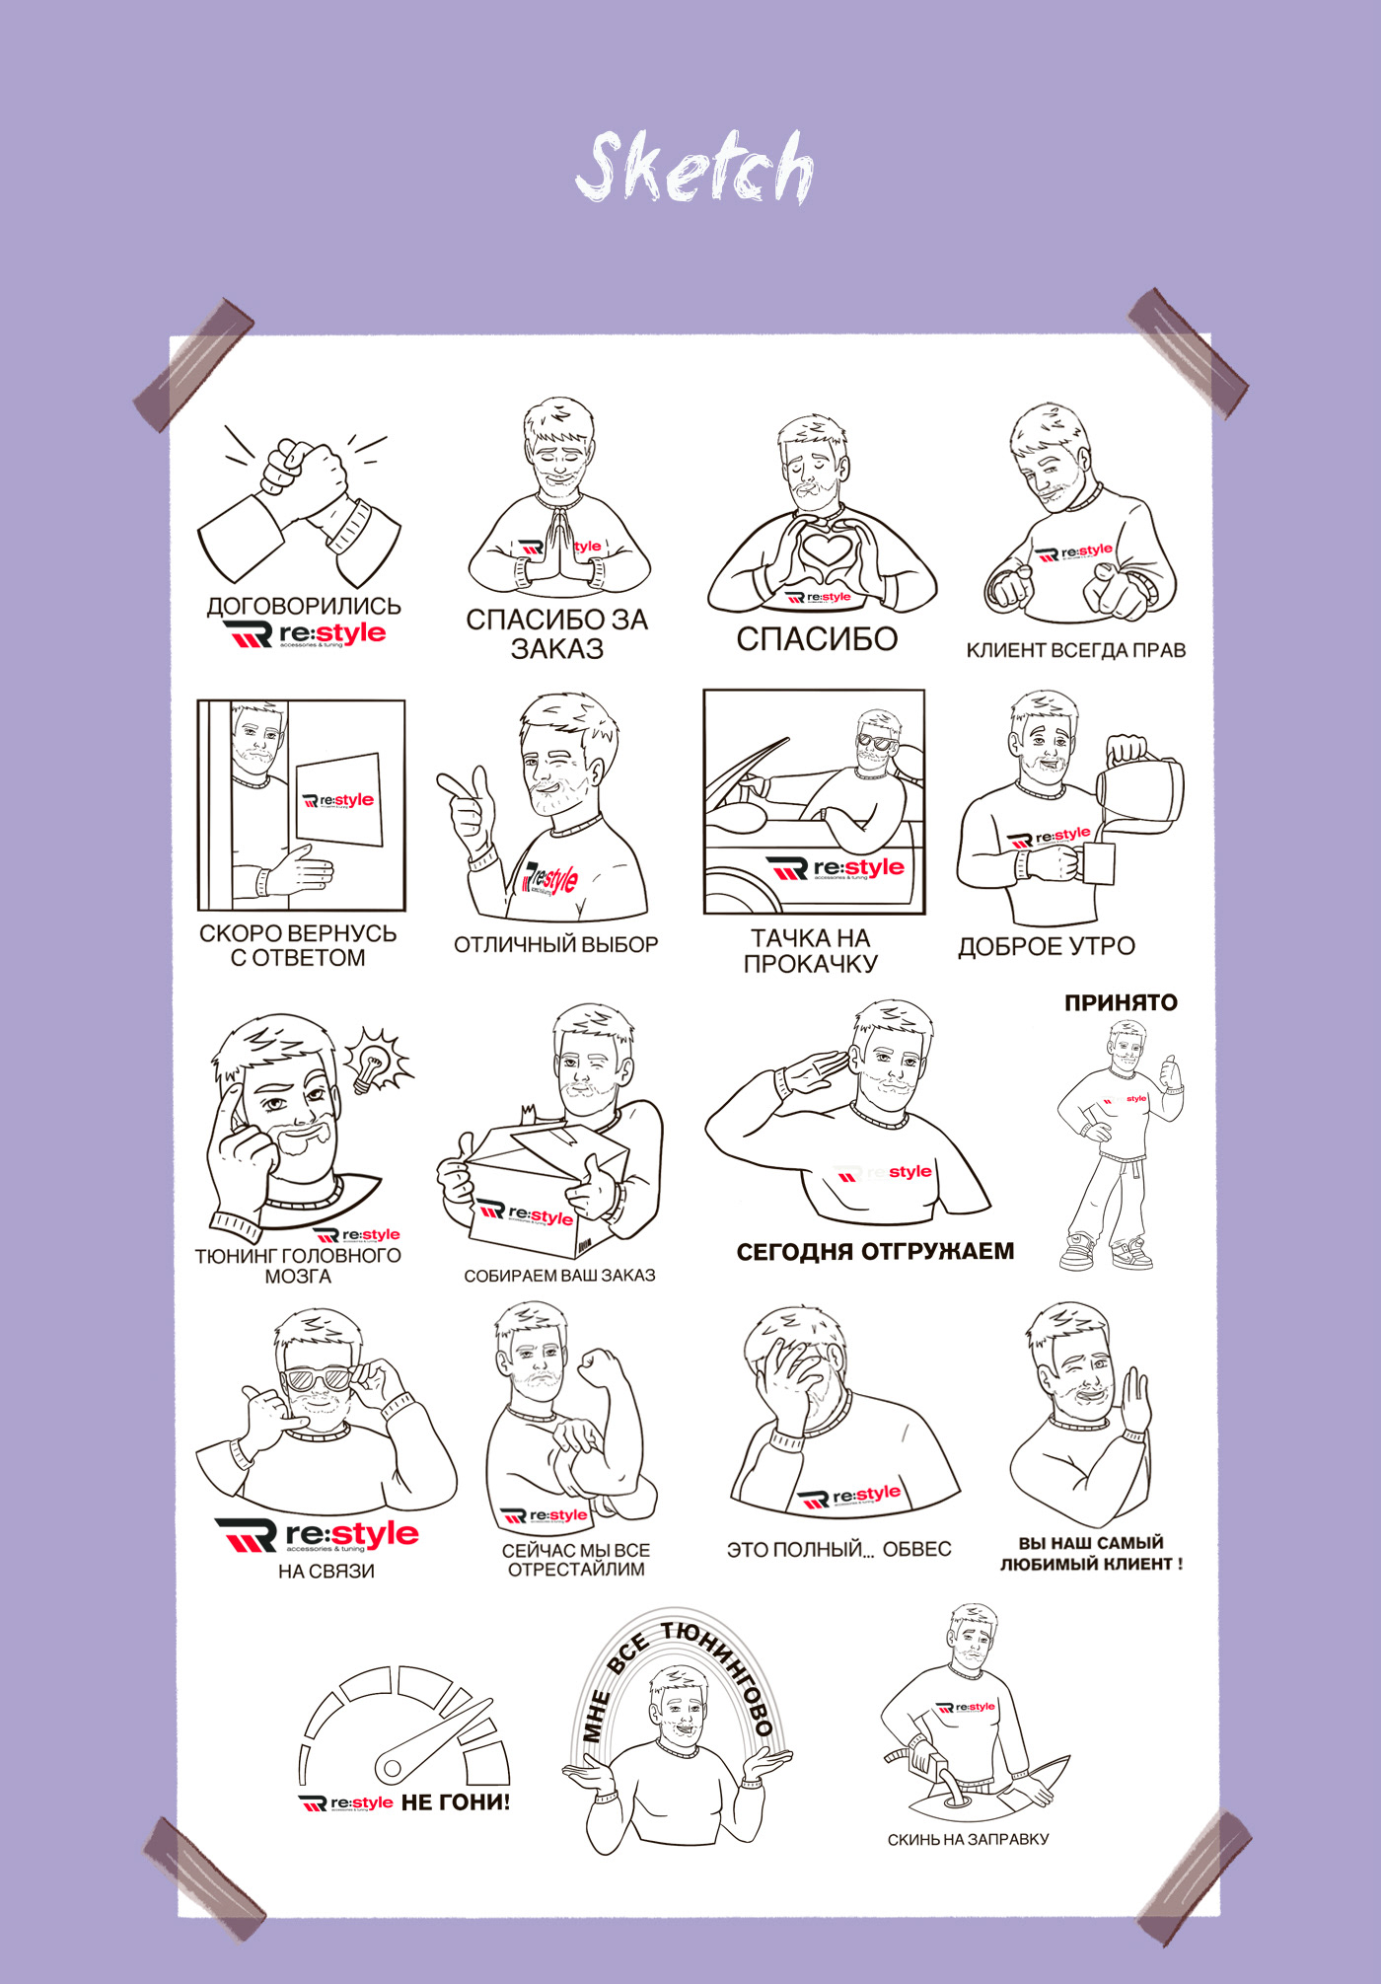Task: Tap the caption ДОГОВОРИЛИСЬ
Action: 304,606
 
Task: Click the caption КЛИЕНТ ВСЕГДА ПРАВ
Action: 1075,650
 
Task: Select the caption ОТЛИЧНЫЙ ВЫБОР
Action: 555,944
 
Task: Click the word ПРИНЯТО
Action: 1121,1002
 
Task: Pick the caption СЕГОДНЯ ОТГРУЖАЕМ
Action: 875,1251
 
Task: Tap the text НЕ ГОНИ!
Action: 456,1802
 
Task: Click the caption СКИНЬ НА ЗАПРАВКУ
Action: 968,1839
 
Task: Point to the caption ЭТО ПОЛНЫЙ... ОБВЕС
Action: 838,1549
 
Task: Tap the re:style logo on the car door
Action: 835,868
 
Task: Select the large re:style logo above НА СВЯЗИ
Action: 317,1535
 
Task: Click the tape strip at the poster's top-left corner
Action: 193,364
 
